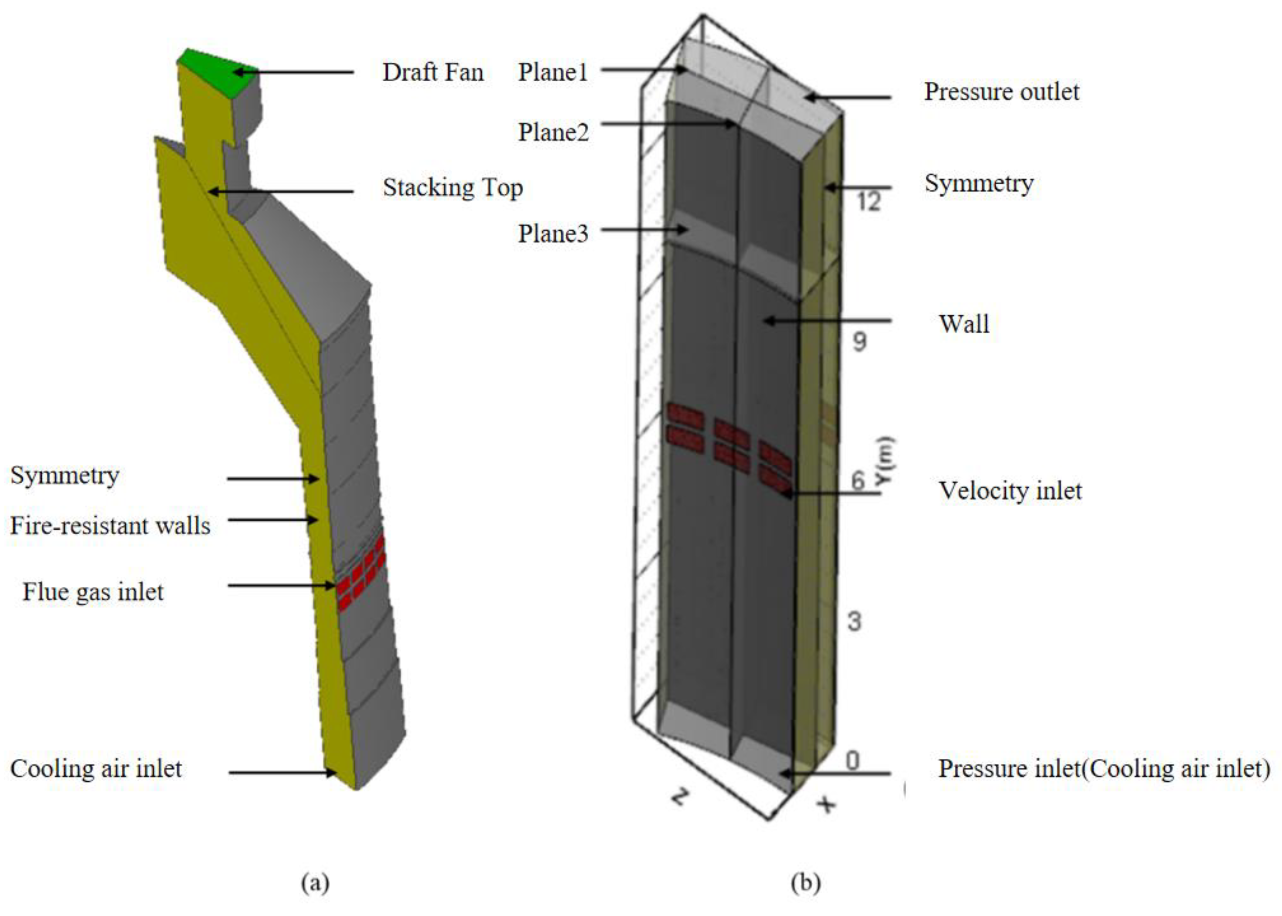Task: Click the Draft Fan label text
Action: (433, 73)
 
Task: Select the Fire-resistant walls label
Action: (110, 526)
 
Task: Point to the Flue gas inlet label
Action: (93, 592)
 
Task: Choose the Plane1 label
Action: (553, 72)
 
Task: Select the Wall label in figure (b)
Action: (963, 324)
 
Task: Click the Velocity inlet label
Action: (1010, 491)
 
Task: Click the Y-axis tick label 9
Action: (859, 341)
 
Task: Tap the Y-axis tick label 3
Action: (854, 621)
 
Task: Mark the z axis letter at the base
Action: (680, 797)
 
